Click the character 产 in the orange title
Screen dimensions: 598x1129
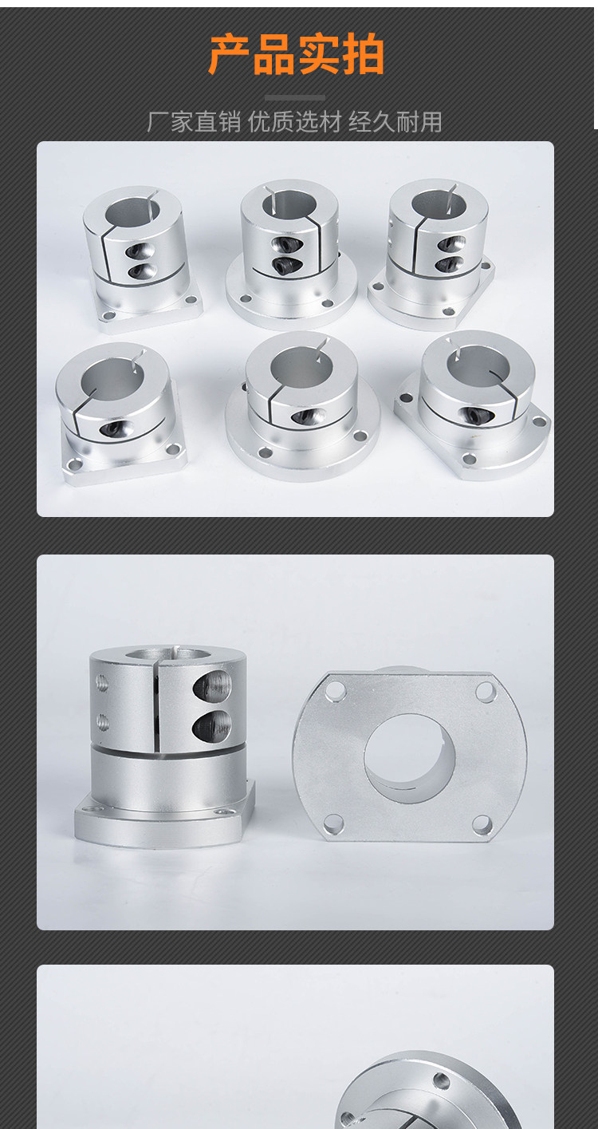(x=229, y=54)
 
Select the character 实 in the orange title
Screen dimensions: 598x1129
(x=319, y=54)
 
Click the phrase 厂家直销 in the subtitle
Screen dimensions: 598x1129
(x=194, y=123)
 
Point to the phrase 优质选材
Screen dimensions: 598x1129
(x=295, y=123)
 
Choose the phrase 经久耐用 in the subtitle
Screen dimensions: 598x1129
(x=395, y=123)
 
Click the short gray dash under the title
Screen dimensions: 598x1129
(x=295, y=98)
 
